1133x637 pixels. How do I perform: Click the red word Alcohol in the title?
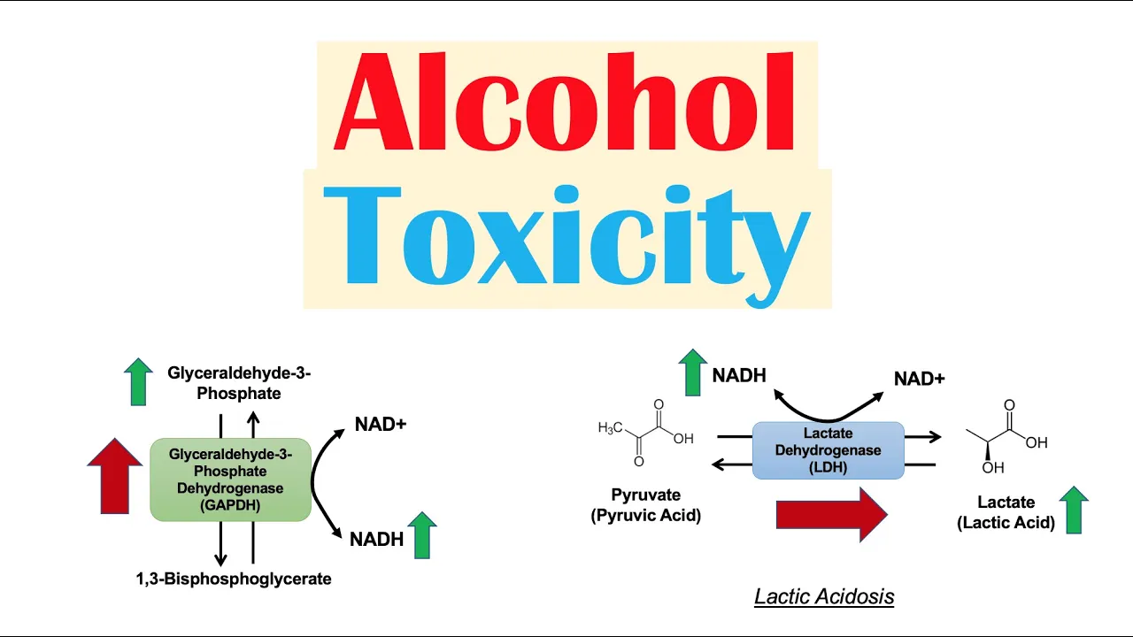click(x=566, y=104)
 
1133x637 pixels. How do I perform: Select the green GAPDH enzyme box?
click(x=230, y=479)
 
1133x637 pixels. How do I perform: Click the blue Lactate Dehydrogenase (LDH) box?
click(x=828, y=450)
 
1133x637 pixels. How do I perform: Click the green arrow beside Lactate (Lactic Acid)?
click(x=1073, y=510)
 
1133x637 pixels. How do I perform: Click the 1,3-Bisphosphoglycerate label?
click(x=234, y=579)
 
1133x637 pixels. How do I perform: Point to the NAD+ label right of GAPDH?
click(x=381, y=425)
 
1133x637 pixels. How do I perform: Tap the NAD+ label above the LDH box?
click(x=919, y=379)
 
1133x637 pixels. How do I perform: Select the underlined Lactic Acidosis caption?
click(x=824, y=597)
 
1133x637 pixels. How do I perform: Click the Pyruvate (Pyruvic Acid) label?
click(x=645, y=504)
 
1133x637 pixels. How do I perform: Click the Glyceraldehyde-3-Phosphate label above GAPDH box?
click(x=239, y=383)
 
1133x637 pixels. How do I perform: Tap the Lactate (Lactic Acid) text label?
click(x=1006, y=513)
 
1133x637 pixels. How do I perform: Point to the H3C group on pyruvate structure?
click(x=611, y=429)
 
